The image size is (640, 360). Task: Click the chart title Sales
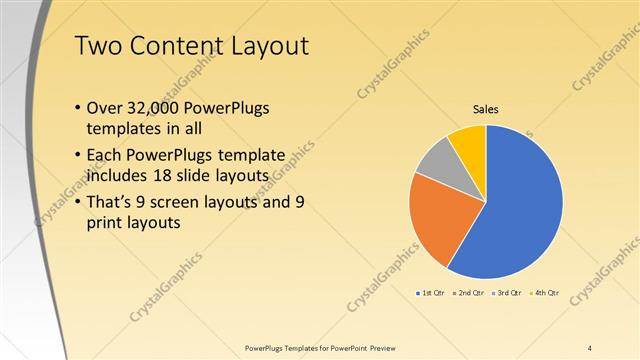(x=485, y=109)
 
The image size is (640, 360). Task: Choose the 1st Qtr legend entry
(x=429, y=293)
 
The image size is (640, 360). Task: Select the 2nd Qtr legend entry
(x=469, y=293)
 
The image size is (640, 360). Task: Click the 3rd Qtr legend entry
(x=507, y=293)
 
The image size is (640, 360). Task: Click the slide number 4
(x=590, y=347)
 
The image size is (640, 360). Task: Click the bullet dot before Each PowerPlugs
(x=79, y=156)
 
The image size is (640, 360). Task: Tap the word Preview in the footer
(x=389, y=347)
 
